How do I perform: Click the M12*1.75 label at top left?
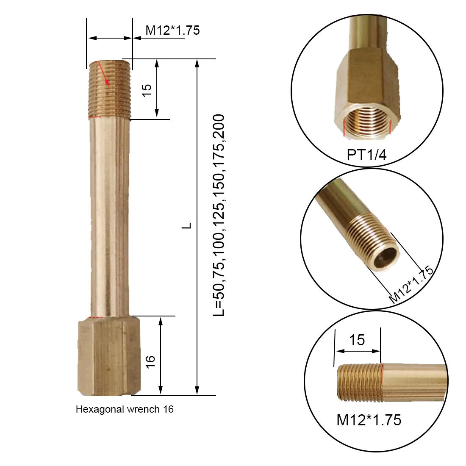pyautogui.click(x=172, y=31)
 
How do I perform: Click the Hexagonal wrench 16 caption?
pyautogui.click(x=125, y=409)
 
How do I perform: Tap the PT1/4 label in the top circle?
pyautogui.click(x=367, y=155)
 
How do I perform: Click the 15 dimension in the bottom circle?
pyautogui.click(x=357, y=340)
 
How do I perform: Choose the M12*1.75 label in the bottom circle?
pyautogui.click(x=369, y=420)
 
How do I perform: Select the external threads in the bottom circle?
pyautogui.click(x=360, y=383)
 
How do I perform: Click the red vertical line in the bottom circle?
pyautogui.click(x=382, y=383)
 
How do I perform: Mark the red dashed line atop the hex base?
pyautogui.click(x=98, y=317)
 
